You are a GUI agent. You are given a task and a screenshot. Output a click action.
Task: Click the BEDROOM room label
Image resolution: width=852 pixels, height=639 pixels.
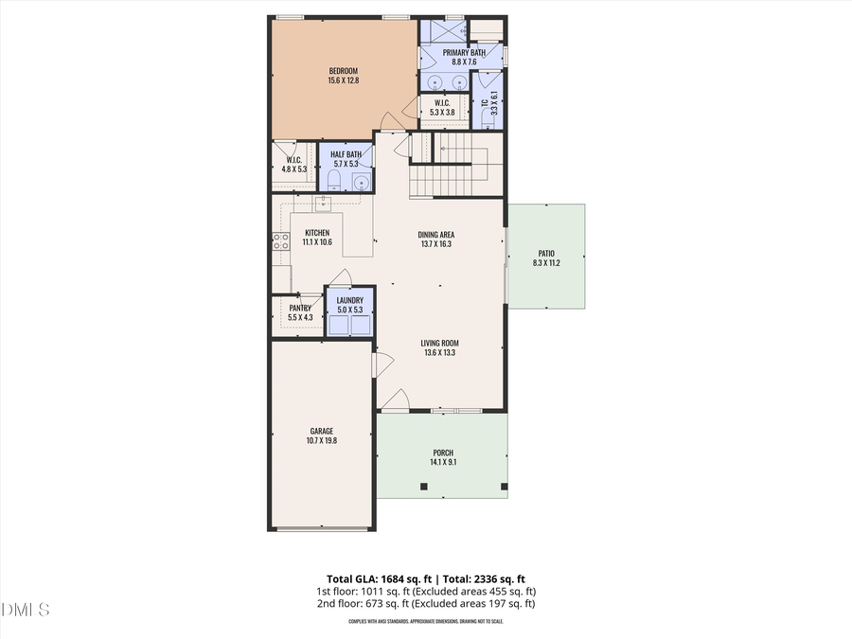344,71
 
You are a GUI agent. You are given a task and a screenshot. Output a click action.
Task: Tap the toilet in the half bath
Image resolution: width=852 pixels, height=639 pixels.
334,180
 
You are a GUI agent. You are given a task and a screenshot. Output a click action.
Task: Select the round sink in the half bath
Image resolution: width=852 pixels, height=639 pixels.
361,182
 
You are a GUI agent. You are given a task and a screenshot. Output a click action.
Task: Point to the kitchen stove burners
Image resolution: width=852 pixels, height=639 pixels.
280,241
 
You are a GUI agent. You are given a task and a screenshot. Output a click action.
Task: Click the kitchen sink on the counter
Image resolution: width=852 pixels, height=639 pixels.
322,201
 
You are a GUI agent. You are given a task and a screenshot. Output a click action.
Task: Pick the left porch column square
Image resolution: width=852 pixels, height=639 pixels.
423,487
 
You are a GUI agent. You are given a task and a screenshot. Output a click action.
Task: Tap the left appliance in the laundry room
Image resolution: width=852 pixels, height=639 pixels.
338,325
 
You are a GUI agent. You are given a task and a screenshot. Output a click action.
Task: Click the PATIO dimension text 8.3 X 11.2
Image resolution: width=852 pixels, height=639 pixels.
546,263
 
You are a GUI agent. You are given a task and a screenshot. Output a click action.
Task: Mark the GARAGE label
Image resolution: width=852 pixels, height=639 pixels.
321,431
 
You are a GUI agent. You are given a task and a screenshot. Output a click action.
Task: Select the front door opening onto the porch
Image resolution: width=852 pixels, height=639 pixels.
395,401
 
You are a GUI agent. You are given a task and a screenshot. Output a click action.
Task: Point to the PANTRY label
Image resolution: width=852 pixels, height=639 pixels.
300,308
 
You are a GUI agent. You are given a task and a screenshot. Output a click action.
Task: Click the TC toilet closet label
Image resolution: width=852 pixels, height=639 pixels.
484,102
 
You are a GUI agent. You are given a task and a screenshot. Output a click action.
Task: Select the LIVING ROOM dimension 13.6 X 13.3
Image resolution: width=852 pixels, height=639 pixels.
440,353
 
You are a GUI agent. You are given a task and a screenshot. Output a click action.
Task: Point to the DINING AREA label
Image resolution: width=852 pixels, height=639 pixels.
436,234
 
